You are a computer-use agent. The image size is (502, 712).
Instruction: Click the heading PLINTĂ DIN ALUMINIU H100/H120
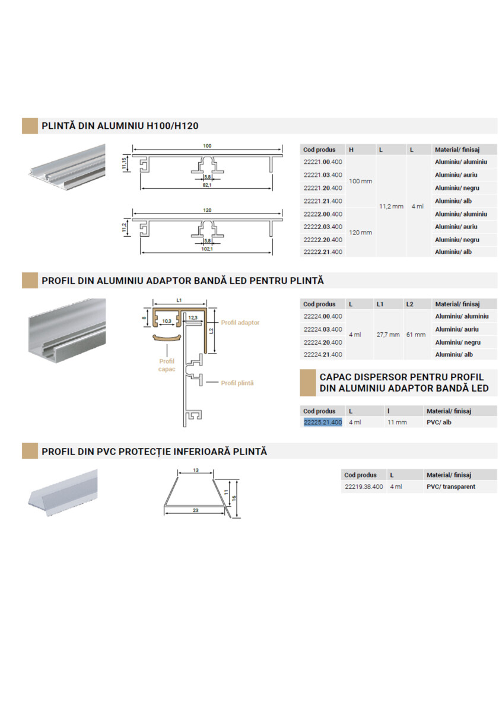pyautogui.click(x=120, y=126)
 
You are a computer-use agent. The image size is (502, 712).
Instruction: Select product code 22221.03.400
pyautogui.click(x=322, y=175)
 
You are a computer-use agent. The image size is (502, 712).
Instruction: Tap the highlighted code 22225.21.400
pyautogui.click(x=322, y=422)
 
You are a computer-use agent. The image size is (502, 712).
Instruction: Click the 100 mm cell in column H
pyautogui.click(x=360, y=181)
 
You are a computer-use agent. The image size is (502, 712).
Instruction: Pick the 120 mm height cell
pyautogui.click(x=360, y=233)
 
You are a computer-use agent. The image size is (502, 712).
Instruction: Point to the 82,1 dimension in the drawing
pyautogui.click(x=207, y=185)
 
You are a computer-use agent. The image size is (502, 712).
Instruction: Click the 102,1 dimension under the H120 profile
pyautogui.click(x=207, y=249)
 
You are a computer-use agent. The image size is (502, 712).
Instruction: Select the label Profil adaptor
pyautogui.click(x=240, y=323)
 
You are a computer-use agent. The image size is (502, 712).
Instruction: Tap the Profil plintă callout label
pyautogui.click(x=237, y=383)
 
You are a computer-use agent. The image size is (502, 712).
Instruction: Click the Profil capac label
pyautogui.click(x=166, y=364)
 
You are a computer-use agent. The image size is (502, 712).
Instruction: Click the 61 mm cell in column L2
pyautogui.click(x=416, y=335)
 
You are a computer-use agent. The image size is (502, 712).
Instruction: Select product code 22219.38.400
pyautogui.click(x=363, y=487)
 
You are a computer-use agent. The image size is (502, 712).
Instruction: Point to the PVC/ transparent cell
pyautogui.click(x=450, y=487)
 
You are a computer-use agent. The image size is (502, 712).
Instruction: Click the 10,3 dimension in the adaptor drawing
pyautogui.click(x=167, y=321)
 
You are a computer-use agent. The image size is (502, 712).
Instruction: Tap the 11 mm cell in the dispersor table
pyautogui.click(x=397, y=422)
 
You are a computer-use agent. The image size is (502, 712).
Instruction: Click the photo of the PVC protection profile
pyautogui.click(x=62, y=492)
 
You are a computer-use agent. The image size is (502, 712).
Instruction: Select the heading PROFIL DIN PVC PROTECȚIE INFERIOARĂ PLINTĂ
pyautogui.click(x=154, y=452)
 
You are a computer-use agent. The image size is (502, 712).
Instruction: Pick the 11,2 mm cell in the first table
pyautogui.click(x=390, y=206)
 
